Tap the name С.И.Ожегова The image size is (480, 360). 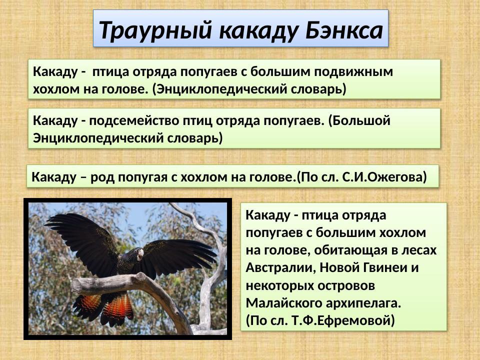click(x=385, y=177)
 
